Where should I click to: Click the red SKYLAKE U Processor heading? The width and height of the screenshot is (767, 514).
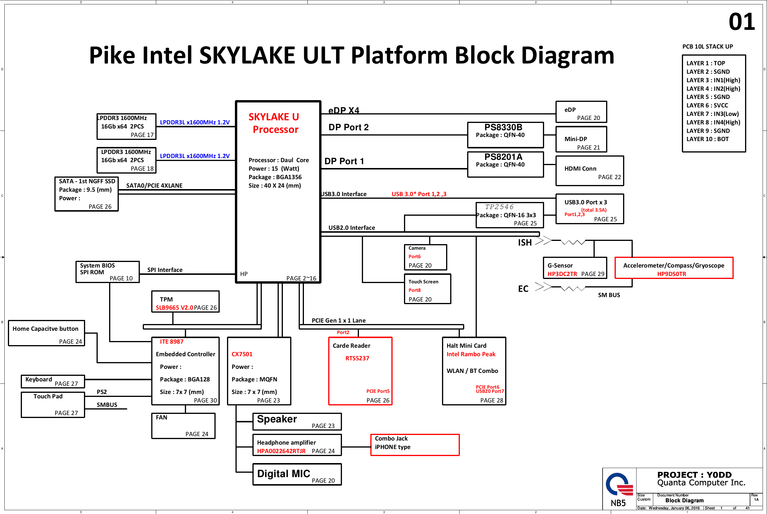pos(274,123)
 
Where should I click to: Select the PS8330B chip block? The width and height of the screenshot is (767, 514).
pos(505,135)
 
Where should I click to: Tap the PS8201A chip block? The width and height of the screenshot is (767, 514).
pos(505,164)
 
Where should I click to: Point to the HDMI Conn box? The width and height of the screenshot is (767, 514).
pos(589,171)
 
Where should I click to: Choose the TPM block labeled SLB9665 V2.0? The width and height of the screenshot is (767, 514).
pos(185,301)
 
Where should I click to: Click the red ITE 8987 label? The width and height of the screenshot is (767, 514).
pos(172,342)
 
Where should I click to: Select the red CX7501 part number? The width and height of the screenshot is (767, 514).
pos(242,354)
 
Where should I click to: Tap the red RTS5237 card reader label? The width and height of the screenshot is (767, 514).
pos(357,358)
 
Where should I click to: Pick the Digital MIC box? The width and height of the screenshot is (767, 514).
pos(297,474)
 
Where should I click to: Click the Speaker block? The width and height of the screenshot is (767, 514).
pos(297,421)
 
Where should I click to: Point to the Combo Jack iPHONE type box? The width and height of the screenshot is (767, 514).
pos(415,445)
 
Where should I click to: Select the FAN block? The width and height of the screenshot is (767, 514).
pos(183,426)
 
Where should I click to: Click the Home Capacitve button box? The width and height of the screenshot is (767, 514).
pos(47,333)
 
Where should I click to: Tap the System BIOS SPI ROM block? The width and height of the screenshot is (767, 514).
pos(107,272)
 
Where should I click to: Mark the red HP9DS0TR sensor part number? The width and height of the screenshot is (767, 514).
pos(671,274)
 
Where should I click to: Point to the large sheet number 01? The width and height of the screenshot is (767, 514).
pos(742,22)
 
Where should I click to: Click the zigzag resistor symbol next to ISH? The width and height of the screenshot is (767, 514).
pos(572,243)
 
